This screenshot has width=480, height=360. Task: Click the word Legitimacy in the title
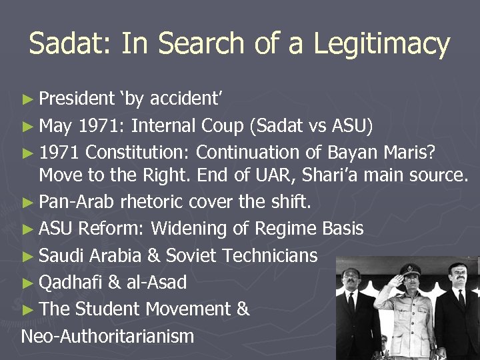click(x=382, y=44)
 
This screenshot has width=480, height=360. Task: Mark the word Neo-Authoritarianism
click(x=107, y=335)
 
